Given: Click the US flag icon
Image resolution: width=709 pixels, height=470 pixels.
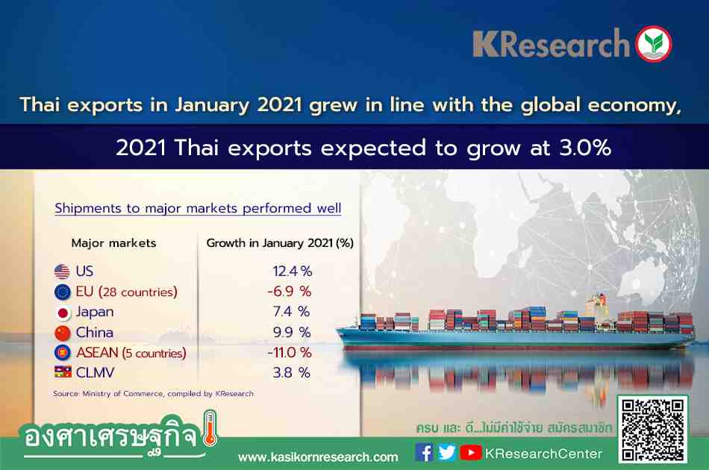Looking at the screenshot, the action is (63, 272).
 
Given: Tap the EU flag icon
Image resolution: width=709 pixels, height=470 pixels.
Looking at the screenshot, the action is (63, 292).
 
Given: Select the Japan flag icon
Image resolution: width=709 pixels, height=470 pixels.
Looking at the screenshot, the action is (63, 313).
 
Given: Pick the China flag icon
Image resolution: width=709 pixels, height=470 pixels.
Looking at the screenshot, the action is (63, 333).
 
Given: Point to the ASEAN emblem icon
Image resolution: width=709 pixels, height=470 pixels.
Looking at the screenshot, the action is (63, 352).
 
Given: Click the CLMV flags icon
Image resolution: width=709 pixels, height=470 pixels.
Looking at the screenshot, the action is (63, 372).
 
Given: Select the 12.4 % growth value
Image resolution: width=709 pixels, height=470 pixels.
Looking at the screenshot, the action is (292, 271).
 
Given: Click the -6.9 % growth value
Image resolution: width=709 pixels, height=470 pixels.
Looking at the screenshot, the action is (290, 292).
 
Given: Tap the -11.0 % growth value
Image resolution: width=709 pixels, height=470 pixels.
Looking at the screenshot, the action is (290, 352).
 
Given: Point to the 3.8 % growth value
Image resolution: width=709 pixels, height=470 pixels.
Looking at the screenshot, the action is (292, 373).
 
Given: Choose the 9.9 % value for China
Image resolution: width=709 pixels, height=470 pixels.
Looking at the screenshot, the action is (292, 333).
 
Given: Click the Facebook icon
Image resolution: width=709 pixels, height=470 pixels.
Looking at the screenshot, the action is (424, 452).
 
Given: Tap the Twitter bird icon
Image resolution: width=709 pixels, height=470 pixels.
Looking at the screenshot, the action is (447, 452).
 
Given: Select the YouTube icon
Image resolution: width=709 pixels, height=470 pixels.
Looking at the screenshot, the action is (471, 452).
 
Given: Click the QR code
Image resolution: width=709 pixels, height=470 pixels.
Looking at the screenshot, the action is (652, 429).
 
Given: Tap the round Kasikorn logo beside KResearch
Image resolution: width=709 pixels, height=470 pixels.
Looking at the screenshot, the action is (653, 44).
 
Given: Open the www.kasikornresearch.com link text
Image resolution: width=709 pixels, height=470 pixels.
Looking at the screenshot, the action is (318, 457).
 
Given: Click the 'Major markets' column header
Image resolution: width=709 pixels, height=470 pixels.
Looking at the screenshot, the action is (114, 243).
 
